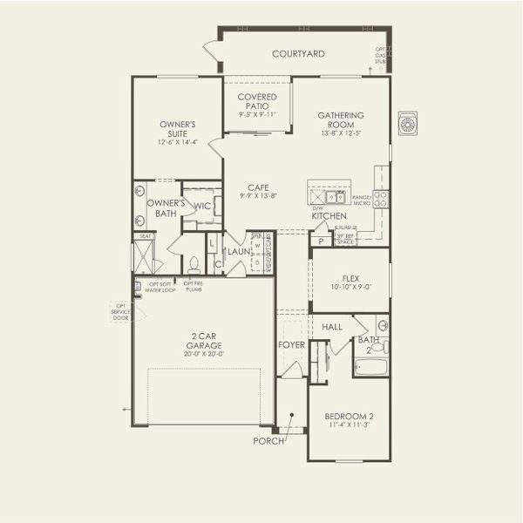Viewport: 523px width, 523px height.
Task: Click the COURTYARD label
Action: [x=298, y=54]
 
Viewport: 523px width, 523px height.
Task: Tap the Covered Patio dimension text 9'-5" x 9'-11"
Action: [x=256, y=114]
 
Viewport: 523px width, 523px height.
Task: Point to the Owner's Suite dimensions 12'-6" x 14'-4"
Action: [x=177, y=141]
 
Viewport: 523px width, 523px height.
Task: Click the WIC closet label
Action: [x=201, y=207]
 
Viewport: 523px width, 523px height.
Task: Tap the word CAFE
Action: [x=257, y=187]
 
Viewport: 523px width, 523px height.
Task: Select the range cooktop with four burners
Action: [x=381, y=199]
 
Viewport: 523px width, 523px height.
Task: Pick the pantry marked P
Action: [x=321, y=241]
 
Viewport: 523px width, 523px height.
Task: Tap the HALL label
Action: [x=332, y=326]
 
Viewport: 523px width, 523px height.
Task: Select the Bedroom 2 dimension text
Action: [x=347, y=425]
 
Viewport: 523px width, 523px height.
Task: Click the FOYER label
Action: [x=290, y=345]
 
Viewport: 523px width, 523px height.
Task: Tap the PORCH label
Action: [x=269, y=441]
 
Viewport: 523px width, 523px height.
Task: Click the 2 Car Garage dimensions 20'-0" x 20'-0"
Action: [x=202, y=354]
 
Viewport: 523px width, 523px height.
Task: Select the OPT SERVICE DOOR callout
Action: [x=120, y=313]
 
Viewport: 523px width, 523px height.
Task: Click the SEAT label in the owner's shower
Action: [x=145, y=235]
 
